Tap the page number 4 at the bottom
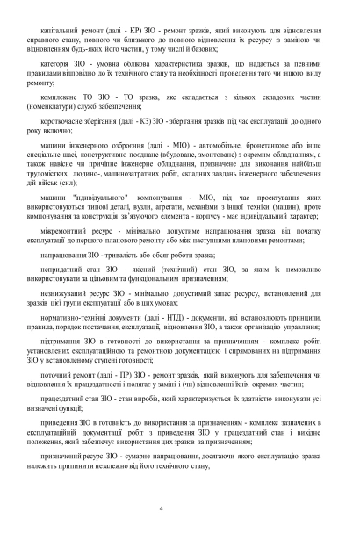tap(180, 511)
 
